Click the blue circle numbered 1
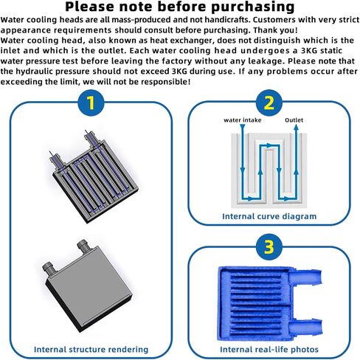click(91, 103)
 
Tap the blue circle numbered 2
click(269, 103)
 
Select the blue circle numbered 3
click(269, 247)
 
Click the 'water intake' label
click(243, 120)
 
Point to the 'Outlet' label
click(294, 120)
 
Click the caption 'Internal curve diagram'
click(269, 216)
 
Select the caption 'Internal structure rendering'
click(91, 350)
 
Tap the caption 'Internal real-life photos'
click(269, 350)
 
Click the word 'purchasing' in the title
click(253, 7)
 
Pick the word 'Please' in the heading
click(89, 7)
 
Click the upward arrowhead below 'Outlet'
click(297, 128)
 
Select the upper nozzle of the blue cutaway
click(305, 277)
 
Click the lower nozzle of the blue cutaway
click(305, 328)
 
